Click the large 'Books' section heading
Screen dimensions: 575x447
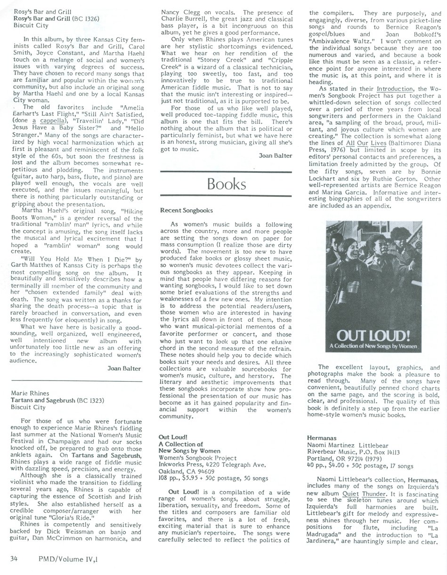227,183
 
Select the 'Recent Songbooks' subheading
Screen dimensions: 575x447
187,210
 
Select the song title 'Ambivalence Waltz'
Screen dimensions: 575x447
341,41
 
